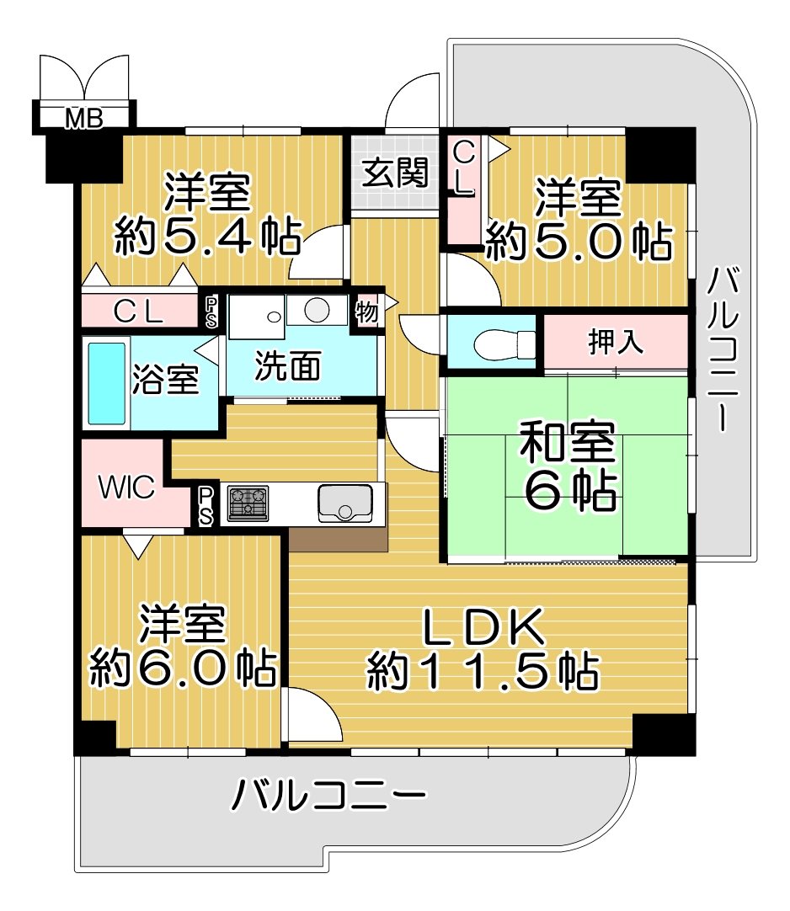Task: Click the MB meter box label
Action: click(x=84, y=119)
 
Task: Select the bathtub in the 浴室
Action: click(x=106, y=383)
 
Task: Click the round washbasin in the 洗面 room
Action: click(x=317, y=309)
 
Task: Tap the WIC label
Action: click(x=126, y=487)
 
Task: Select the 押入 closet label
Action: click(x=616, y=341)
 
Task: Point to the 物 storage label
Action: click(x=367, y=312)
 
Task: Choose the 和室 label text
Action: click(x=568, y=443)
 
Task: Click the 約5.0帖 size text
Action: click(x=579, y=241)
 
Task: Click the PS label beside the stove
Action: click(x=206, y=506)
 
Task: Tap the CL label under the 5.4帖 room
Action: click(x=138, y=312)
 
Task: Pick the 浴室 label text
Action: click(x=166, y=380)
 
